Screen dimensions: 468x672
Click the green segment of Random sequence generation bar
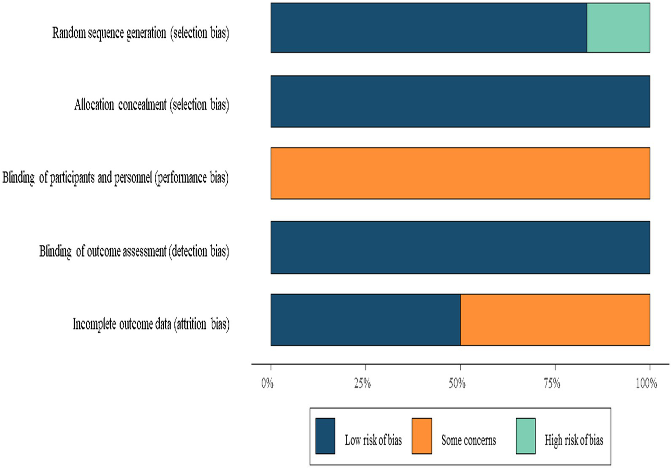click(x=618, y=28)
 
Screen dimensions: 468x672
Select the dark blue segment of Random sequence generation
click(x=429, y=28)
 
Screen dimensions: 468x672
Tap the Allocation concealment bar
click(x=460, y=101)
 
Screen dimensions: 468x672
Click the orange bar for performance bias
click(x=460, y=173)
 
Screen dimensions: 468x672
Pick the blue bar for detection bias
click(x=460, y=247)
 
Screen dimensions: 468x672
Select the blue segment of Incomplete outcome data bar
click(x=366, y=320)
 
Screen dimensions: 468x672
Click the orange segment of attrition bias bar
click(x=555, y=320)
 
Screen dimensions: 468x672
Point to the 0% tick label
click(x=267, y=384)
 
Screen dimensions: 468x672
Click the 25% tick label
click(x=362, y=384)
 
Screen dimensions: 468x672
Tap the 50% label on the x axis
click(x=457, y=384)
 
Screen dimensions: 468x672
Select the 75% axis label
click(x=552, y=384)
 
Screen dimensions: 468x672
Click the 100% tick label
click(x=647, y=384)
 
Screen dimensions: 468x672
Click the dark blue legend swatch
click(x=325, y=436)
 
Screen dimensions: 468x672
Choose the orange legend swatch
click(x=422, y=436)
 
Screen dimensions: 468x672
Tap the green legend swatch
click(x=525, y=436)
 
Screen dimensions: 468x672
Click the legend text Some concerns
click(x=468, y=440)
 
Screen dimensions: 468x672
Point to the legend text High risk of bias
click(x=573, y=440)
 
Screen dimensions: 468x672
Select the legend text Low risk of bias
click(x=373, y=440)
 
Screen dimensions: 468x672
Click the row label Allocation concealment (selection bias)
click(x=151, y=105)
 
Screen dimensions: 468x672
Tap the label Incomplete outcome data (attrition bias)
click(x=151, y=324)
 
